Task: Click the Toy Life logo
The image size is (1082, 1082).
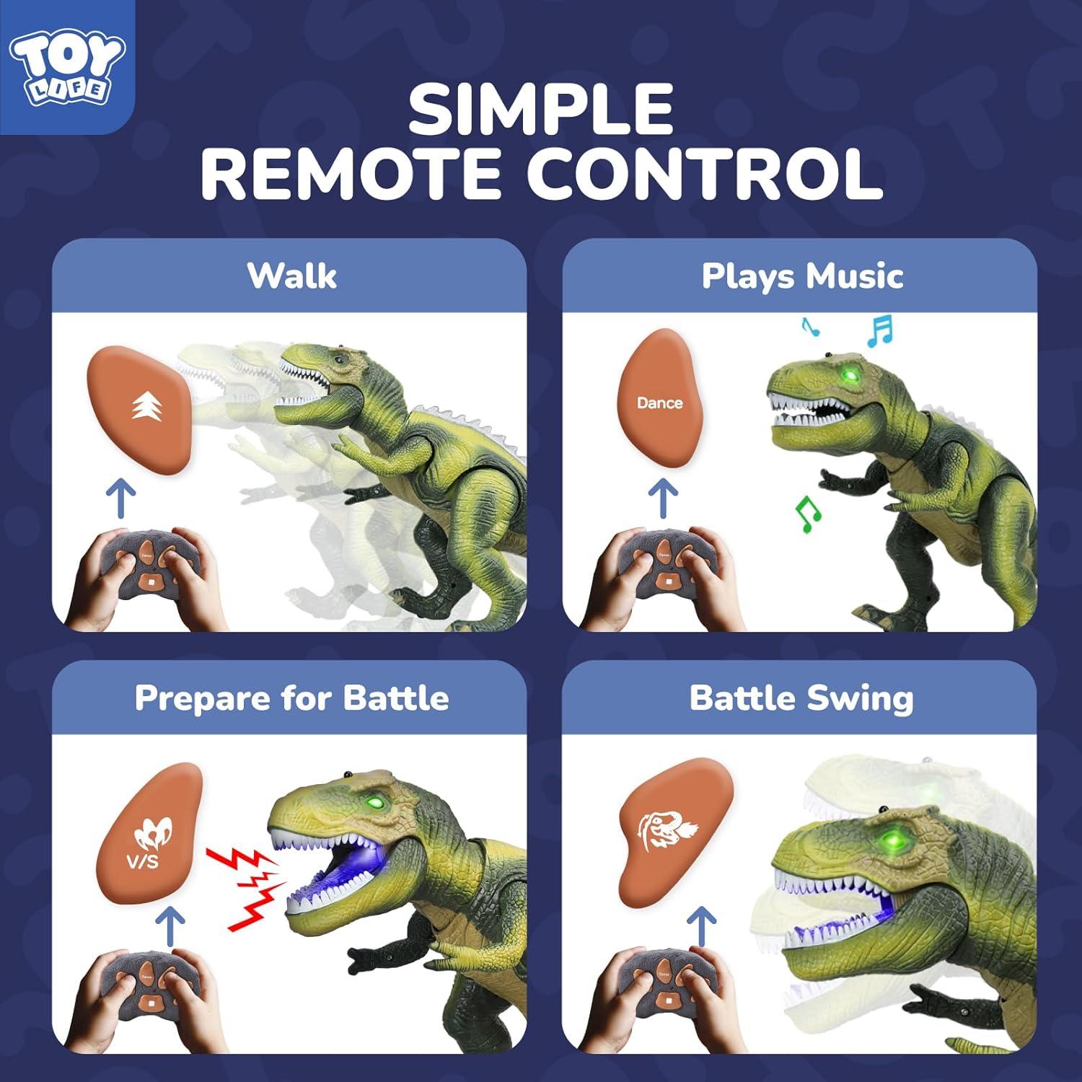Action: [66, 66]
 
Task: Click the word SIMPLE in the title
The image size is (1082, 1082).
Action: [540, 109]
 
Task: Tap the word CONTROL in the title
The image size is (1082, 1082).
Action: [704, 175]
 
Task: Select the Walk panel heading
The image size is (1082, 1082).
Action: [291, 276]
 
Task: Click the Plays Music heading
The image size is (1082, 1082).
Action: [802, 276]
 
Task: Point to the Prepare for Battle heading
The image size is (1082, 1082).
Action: [291, 698]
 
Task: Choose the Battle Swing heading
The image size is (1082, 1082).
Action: [801, 698]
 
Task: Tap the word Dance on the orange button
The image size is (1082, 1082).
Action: [659, 403]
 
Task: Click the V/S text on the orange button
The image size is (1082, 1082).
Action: [143, 861]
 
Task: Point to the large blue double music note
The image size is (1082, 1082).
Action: [879, 331]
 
